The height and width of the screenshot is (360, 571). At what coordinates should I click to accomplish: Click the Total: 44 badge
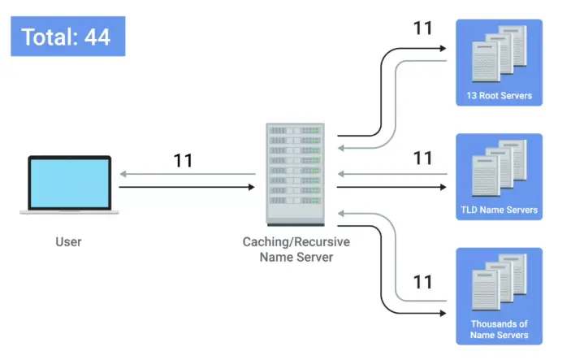(67, 37)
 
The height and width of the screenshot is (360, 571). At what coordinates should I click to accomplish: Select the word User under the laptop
(68, 241)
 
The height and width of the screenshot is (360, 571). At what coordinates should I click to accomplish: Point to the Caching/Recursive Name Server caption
(296, 249)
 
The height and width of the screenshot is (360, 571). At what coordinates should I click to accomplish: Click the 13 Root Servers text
(499, 96)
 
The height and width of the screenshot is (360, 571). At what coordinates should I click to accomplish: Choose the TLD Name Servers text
(499, 210)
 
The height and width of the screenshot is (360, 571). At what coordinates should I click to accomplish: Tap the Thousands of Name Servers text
(499, 329)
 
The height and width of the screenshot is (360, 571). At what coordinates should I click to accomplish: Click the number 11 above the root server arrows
(422, 28)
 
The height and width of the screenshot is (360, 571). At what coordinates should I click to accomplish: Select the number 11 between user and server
(183, 160)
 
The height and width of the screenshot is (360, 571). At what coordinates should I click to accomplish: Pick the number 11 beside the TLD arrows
(422, 158)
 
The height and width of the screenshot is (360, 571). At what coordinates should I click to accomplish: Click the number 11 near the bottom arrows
(422, 282)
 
